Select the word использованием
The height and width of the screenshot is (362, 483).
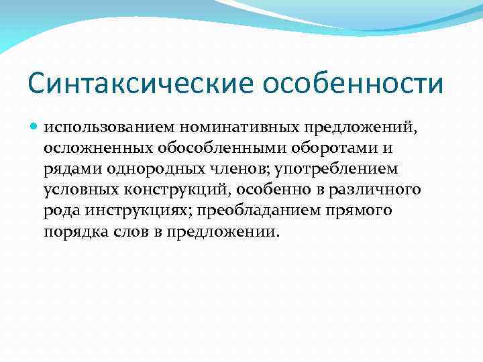point(103,127)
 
